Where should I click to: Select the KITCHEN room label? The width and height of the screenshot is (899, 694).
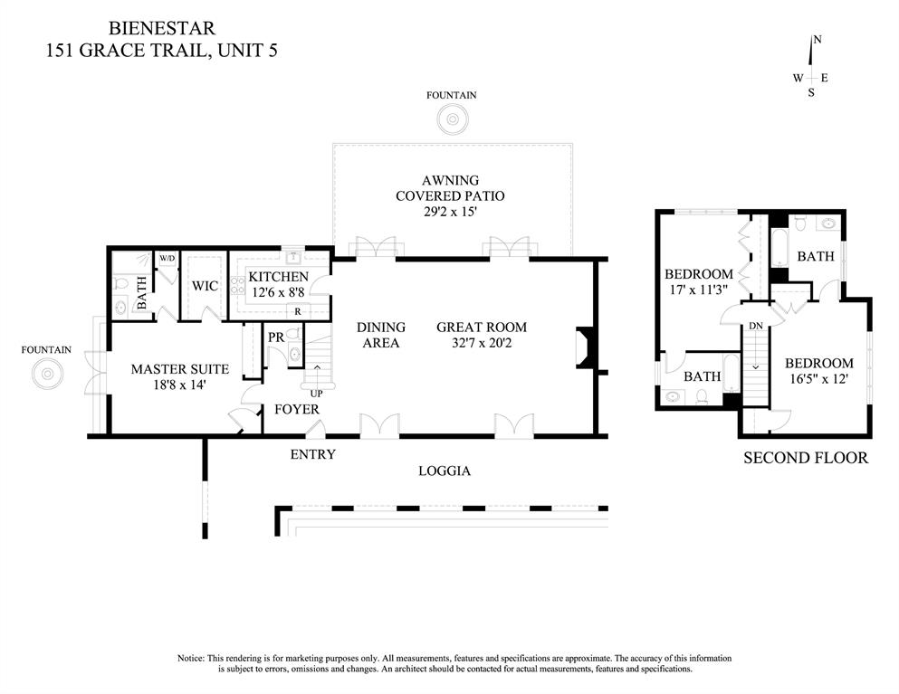click(279, 277)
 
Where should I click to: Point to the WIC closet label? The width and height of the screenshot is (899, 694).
click(204, 286)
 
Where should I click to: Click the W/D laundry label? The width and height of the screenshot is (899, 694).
click(167, 259)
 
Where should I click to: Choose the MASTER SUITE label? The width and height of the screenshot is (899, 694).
click(179, 369)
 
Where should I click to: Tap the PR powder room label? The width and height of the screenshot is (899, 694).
click(276, 337)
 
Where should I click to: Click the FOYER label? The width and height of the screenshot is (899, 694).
click(297, 410)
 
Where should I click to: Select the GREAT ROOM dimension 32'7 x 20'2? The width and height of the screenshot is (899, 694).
click(481, 343)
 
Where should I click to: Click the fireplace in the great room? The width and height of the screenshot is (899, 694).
click(582, 348)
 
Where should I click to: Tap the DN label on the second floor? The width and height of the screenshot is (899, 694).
click(755, 325)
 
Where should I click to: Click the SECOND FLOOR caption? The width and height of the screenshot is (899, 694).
click(805, 458)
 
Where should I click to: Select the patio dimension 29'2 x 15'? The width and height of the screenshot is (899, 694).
click(450, 212)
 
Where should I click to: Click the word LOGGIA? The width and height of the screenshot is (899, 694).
click(444, 471)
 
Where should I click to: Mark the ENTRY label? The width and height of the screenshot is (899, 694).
click(312, 454)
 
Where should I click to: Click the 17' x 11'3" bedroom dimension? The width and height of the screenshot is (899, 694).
click(698, 290)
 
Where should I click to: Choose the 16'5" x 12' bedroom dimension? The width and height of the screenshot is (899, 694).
click(818, 379)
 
